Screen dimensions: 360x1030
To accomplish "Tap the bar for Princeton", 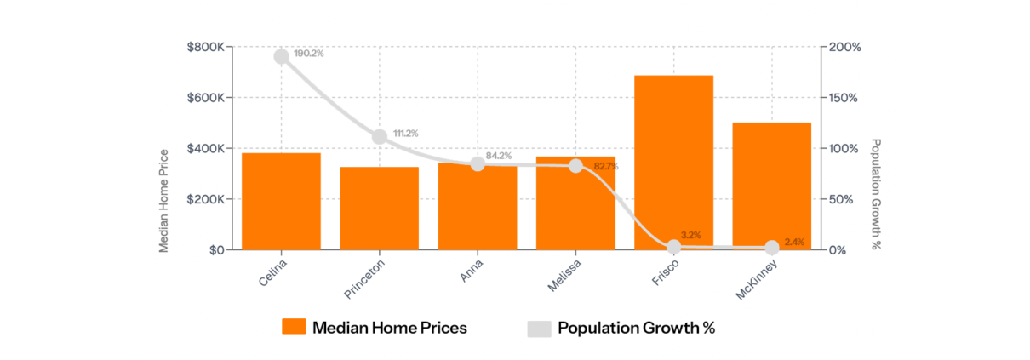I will click(380, 208).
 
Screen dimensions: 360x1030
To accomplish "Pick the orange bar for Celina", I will click(281, 201).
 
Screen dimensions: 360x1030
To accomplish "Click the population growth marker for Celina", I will click(281, 56).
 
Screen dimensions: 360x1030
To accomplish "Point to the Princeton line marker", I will click(380, 136).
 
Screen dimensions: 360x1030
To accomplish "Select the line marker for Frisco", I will click(674, 247).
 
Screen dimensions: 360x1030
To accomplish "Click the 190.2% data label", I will click(309, 54).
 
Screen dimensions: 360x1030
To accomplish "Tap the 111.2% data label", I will click(407, 134).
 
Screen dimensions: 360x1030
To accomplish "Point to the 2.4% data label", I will click(794, 243).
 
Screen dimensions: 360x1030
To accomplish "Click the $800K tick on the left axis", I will click(205, 47).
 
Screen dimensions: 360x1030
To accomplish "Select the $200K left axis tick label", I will click(205, 199).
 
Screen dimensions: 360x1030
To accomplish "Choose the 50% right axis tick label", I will click(840, 199).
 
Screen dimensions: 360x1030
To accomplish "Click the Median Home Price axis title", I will click(164, 200).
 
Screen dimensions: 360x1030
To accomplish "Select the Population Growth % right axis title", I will click(876, 195).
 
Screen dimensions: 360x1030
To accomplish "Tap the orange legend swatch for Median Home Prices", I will click(294, 328).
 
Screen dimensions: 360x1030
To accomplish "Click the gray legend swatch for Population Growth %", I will click(539, 328).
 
